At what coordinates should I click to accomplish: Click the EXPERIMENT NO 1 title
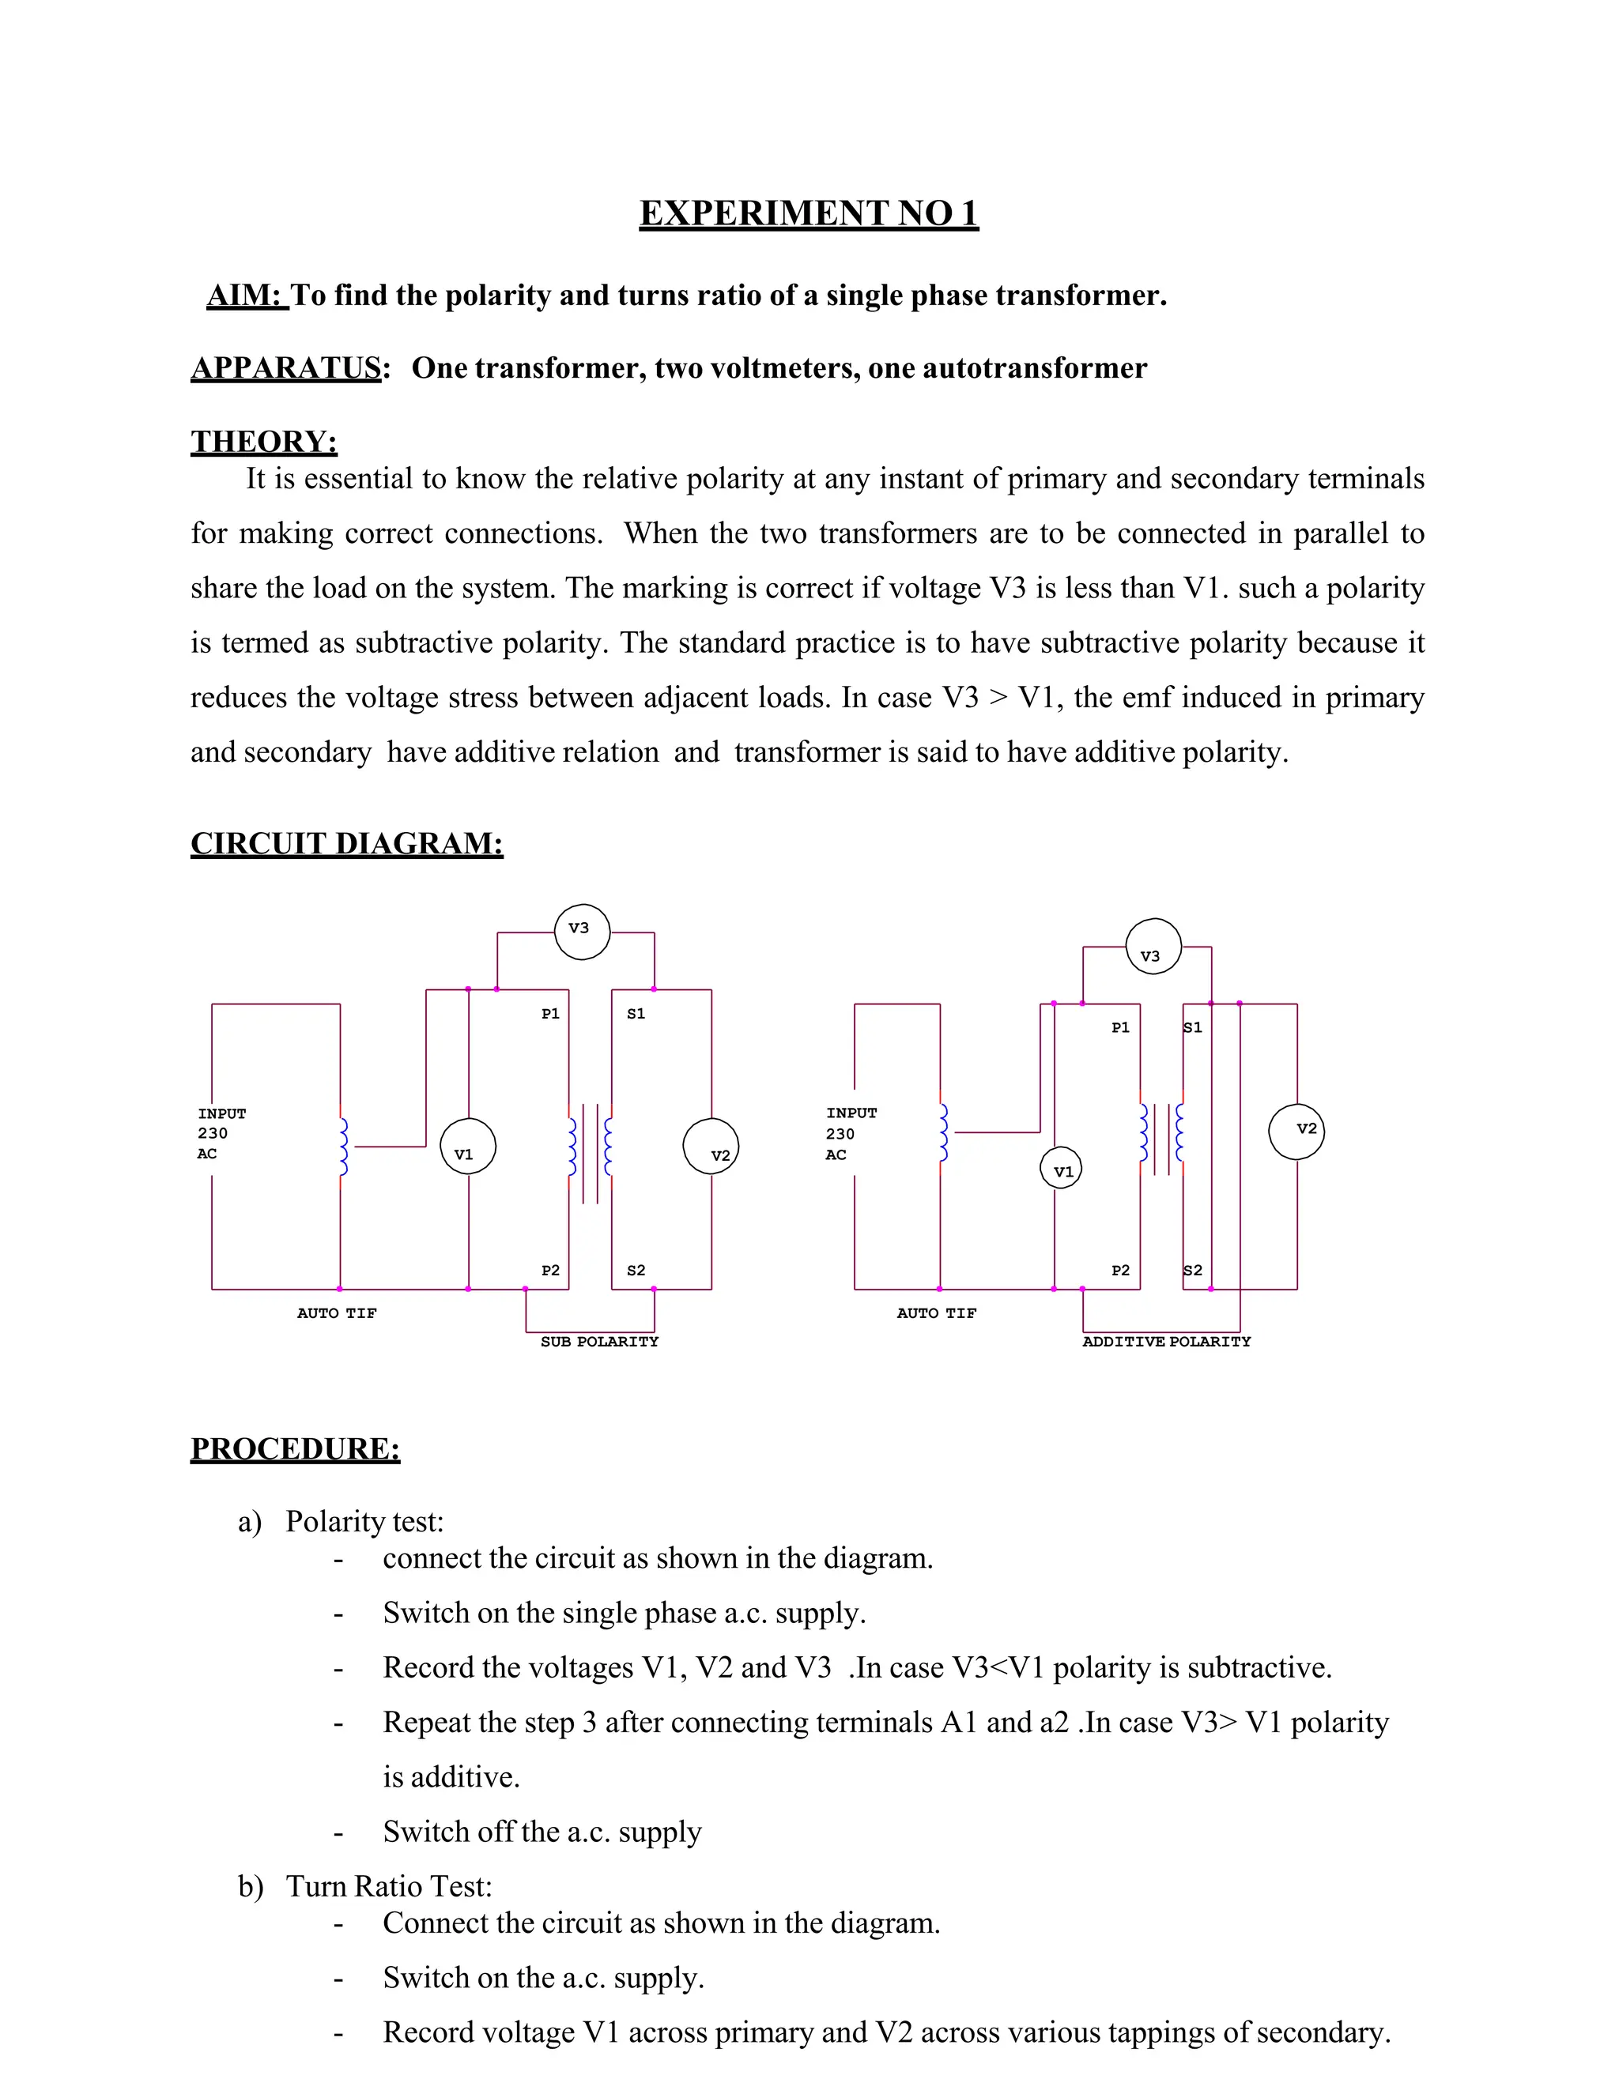[809, 213]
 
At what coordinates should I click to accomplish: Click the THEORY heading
[264, 441]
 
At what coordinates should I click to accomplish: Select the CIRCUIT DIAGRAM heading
[346, 844]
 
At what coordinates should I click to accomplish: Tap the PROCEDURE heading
[296, 1448]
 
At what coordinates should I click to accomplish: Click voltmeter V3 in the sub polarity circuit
[582, 931]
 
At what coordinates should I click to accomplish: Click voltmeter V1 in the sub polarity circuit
[468, 1147]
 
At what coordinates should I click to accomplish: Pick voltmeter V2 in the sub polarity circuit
[711, 1147]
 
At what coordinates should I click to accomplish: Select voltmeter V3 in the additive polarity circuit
[1153, 947]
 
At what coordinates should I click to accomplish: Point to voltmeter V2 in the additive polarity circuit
[1296, 1132]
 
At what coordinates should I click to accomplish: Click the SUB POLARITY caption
[599, 1343]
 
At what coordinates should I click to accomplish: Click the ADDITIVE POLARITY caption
[1166, 1343]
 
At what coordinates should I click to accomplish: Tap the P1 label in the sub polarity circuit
[550, 1014]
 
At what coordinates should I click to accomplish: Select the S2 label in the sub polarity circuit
[636, 1271]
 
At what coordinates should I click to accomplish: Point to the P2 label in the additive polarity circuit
[1120, 1271]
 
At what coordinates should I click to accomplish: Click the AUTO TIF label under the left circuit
[337, 1313]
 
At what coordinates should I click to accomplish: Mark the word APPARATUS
[286, 368]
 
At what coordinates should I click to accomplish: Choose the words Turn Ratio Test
[390, 1886]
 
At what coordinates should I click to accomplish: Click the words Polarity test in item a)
[364, 1522]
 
